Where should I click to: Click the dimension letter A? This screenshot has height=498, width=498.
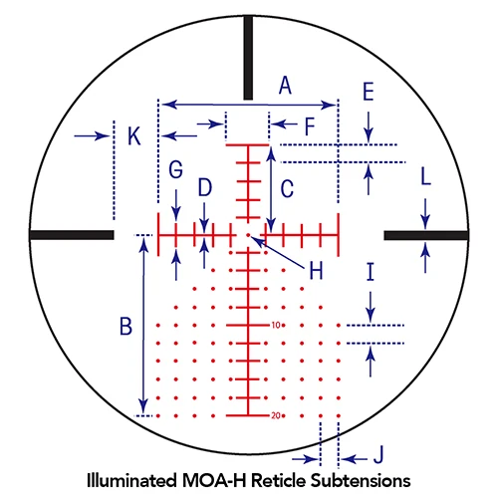pos(285,86)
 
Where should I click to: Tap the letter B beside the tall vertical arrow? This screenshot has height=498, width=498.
pos(125,326)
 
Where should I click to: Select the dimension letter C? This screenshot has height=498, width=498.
pos(287,189)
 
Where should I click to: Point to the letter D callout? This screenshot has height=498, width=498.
pos(205,187)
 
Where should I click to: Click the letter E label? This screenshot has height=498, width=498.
pos(369,92)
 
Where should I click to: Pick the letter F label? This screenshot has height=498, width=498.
pos(310,126)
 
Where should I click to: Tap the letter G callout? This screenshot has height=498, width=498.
pos(175,169)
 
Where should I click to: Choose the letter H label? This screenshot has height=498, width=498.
pos(316,271)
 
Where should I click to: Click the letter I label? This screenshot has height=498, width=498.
pos(371,272)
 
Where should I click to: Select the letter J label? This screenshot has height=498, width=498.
pos(378,454)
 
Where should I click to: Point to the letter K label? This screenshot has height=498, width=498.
pos(134,136)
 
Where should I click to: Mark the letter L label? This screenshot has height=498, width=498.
pos(425,176)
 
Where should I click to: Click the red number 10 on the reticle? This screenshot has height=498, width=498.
pos(276,325)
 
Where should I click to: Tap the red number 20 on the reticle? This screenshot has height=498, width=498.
pos(276,415)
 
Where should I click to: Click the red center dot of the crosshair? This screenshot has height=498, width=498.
pos(248,235)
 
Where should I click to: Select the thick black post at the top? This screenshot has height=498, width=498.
pos(248,58)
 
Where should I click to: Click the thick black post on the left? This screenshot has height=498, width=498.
pos(72,235)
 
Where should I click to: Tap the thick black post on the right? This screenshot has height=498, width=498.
pos(426,235)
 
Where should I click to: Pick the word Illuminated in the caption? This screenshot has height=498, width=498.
pos(131,481)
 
